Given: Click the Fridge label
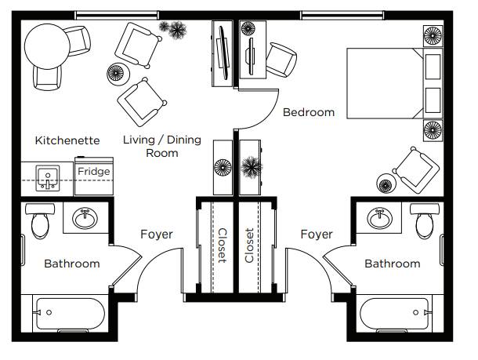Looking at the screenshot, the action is (x=93, y=172).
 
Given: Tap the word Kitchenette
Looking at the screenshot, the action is (x=67, y=140).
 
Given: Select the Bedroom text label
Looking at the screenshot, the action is (x=309, y=112).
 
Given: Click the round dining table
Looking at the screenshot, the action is (x=47, y=46).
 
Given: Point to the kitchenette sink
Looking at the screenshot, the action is (x=48, y=178).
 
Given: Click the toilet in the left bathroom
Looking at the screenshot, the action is (x=40, y=221).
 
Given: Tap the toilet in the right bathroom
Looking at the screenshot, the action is (x=425, y=221).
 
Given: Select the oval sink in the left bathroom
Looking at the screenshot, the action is (x=85, y=218).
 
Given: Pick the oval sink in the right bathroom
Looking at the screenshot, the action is (x=379, y=218).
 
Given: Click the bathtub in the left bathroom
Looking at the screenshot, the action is (x=71, y=314).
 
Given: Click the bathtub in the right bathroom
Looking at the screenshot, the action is (x=394, y=314).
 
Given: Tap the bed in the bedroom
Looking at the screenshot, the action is (x=394, y=83).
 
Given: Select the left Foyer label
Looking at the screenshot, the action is (x=157, y=235).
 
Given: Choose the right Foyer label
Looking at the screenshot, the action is (x=317, y=235).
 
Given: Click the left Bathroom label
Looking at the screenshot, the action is (x=72, y=264).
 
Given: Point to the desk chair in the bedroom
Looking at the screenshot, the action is (x=281, y=60).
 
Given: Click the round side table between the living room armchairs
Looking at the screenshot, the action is (x=118, y=74).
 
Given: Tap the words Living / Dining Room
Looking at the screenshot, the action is (x=162, y=146).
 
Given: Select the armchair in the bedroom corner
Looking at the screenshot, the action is (x=416, y=170).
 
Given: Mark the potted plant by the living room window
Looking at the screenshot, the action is (x=173, y=30).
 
